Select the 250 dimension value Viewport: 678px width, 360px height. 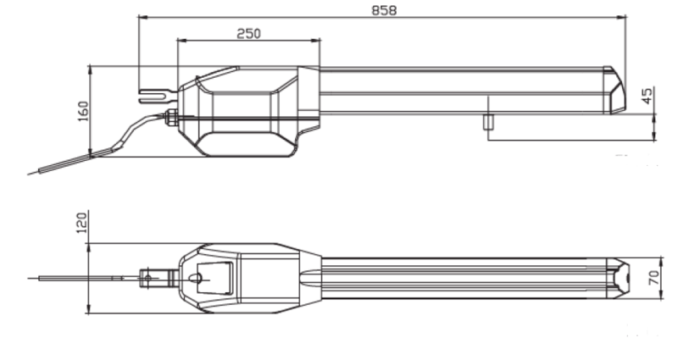[248, 33]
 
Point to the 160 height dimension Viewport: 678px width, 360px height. [82, 111]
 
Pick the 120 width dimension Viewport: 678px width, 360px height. [82, 225]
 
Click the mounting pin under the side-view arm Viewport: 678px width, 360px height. [488, 121]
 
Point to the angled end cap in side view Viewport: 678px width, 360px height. [616, 89]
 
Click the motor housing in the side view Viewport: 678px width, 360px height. [246, 110]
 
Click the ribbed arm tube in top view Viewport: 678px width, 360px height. [466, 278]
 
